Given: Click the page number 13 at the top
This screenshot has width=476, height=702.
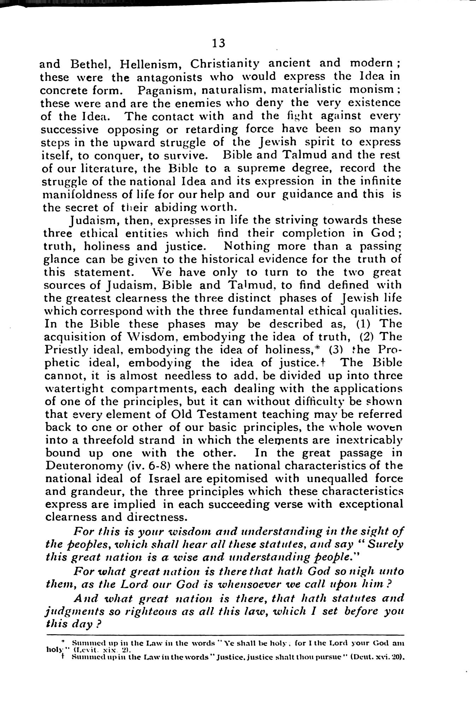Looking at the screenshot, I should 218,43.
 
